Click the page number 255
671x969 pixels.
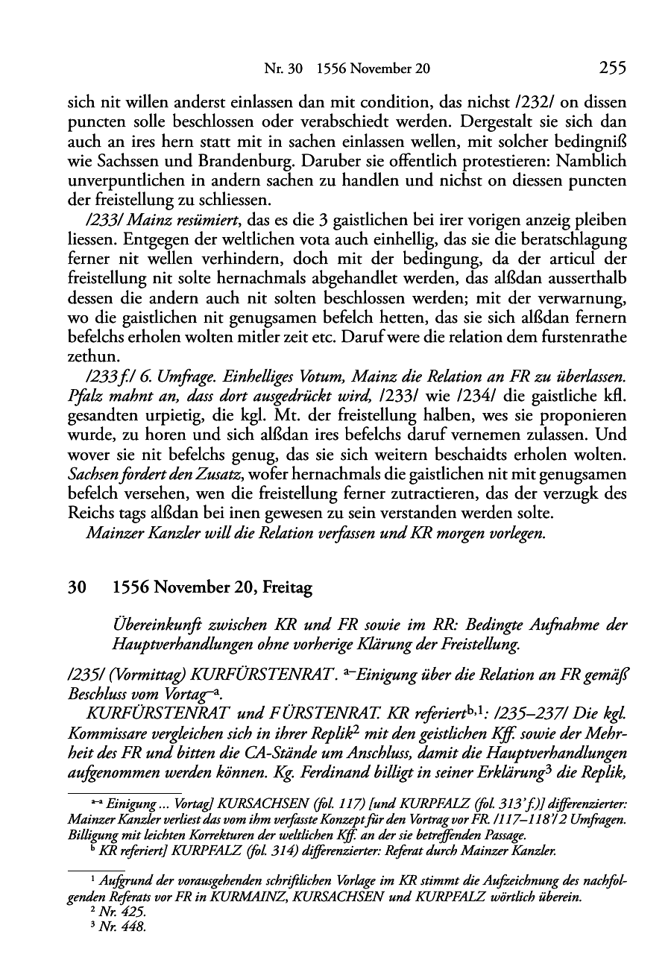click(x=612, y=69)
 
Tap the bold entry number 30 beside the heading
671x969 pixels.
click(x=76, y=588)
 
